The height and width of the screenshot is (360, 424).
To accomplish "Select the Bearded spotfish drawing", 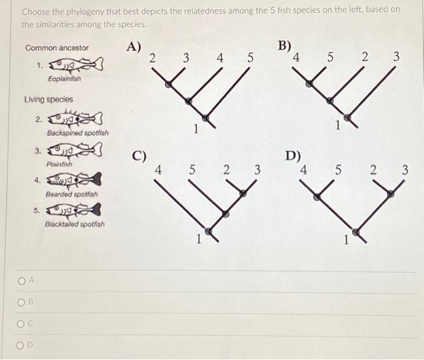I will pos(75,181).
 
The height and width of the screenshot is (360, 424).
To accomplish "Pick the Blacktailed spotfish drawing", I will pos(75,211).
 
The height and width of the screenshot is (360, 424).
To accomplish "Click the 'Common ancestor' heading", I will pos(57,47).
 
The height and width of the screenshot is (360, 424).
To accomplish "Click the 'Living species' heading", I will pos(48,99).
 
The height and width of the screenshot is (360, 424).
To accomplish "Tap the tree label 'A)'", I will pos(133,47).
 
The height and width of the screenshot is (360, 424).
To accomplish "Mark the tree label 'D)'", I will pos(293,156).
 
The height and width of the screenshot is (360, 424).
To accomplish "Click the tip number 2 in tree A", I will pos(152,58).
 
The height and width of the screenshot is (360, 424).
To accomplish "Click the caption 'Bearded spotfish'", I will pos(71,195).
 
